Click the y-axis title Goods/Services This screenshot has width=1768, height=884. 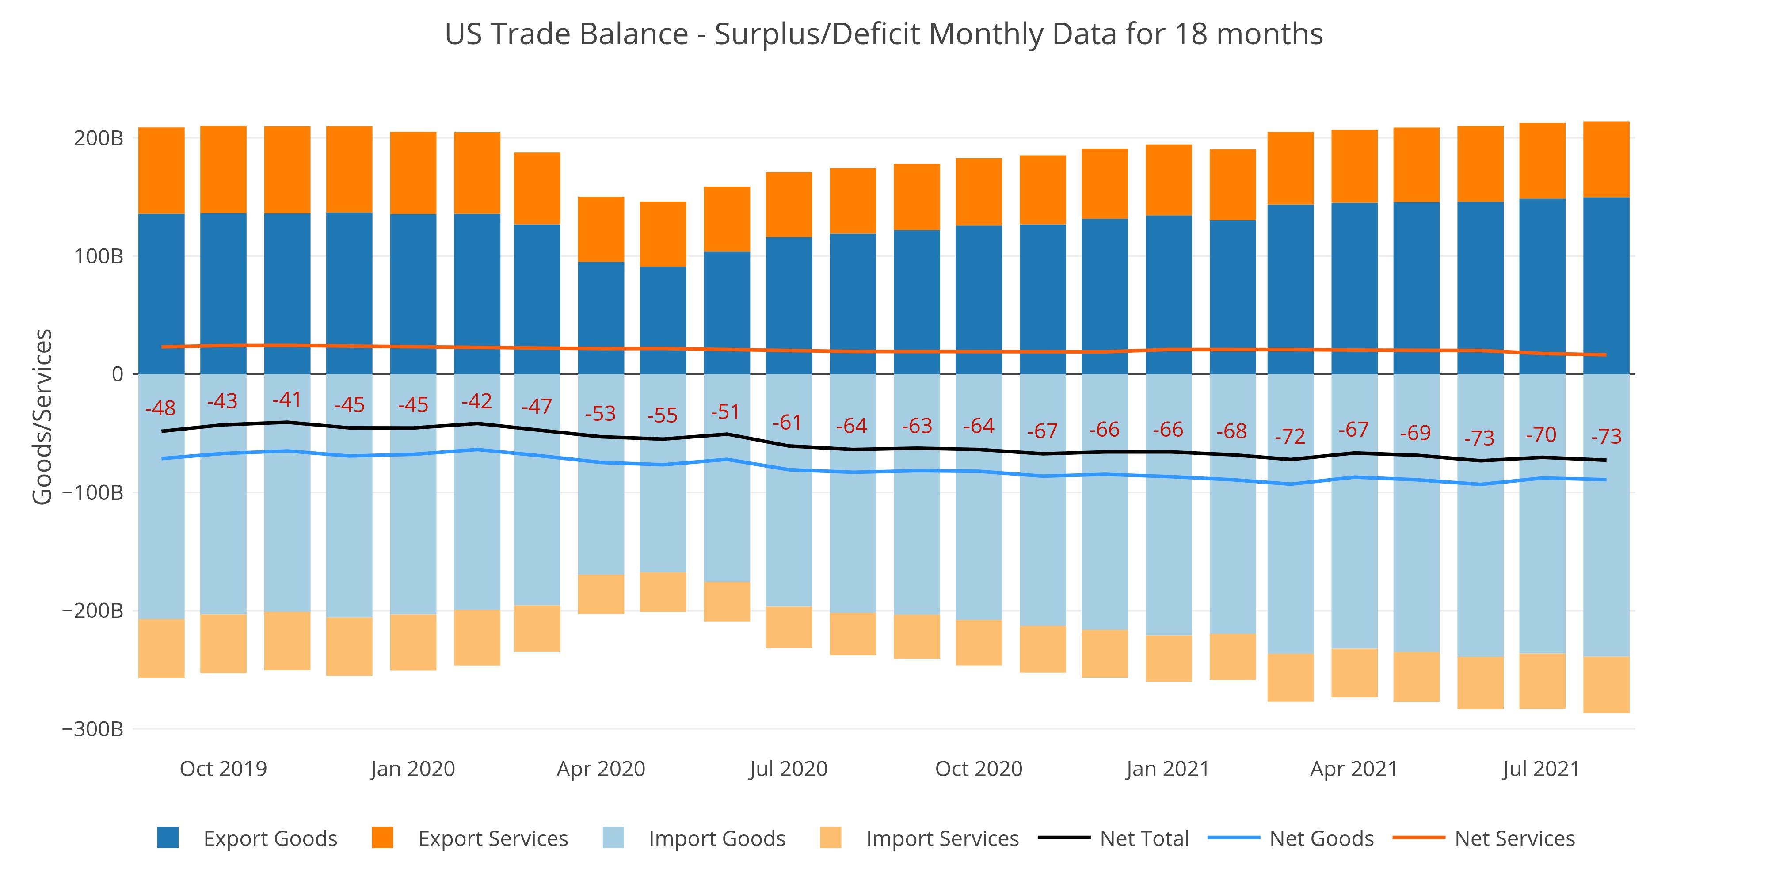(42, 417)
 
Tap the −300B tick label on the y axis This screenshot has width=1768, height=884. (93, 729)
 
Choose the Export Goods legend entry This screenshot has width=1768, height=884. (247, 839)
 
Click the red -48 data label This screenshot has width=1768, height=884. (160, 408)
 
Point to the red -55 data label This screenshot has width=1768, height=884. (662, 415)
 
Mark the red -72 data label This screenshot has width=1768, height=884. (1290, 437)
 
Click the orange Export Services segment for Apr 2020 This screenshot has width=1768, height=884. (601, 229)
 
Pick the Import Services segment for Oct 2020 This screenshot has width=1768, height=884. (979, 642)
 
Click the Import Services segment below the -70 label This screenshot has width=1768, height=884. (1542, 681)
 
